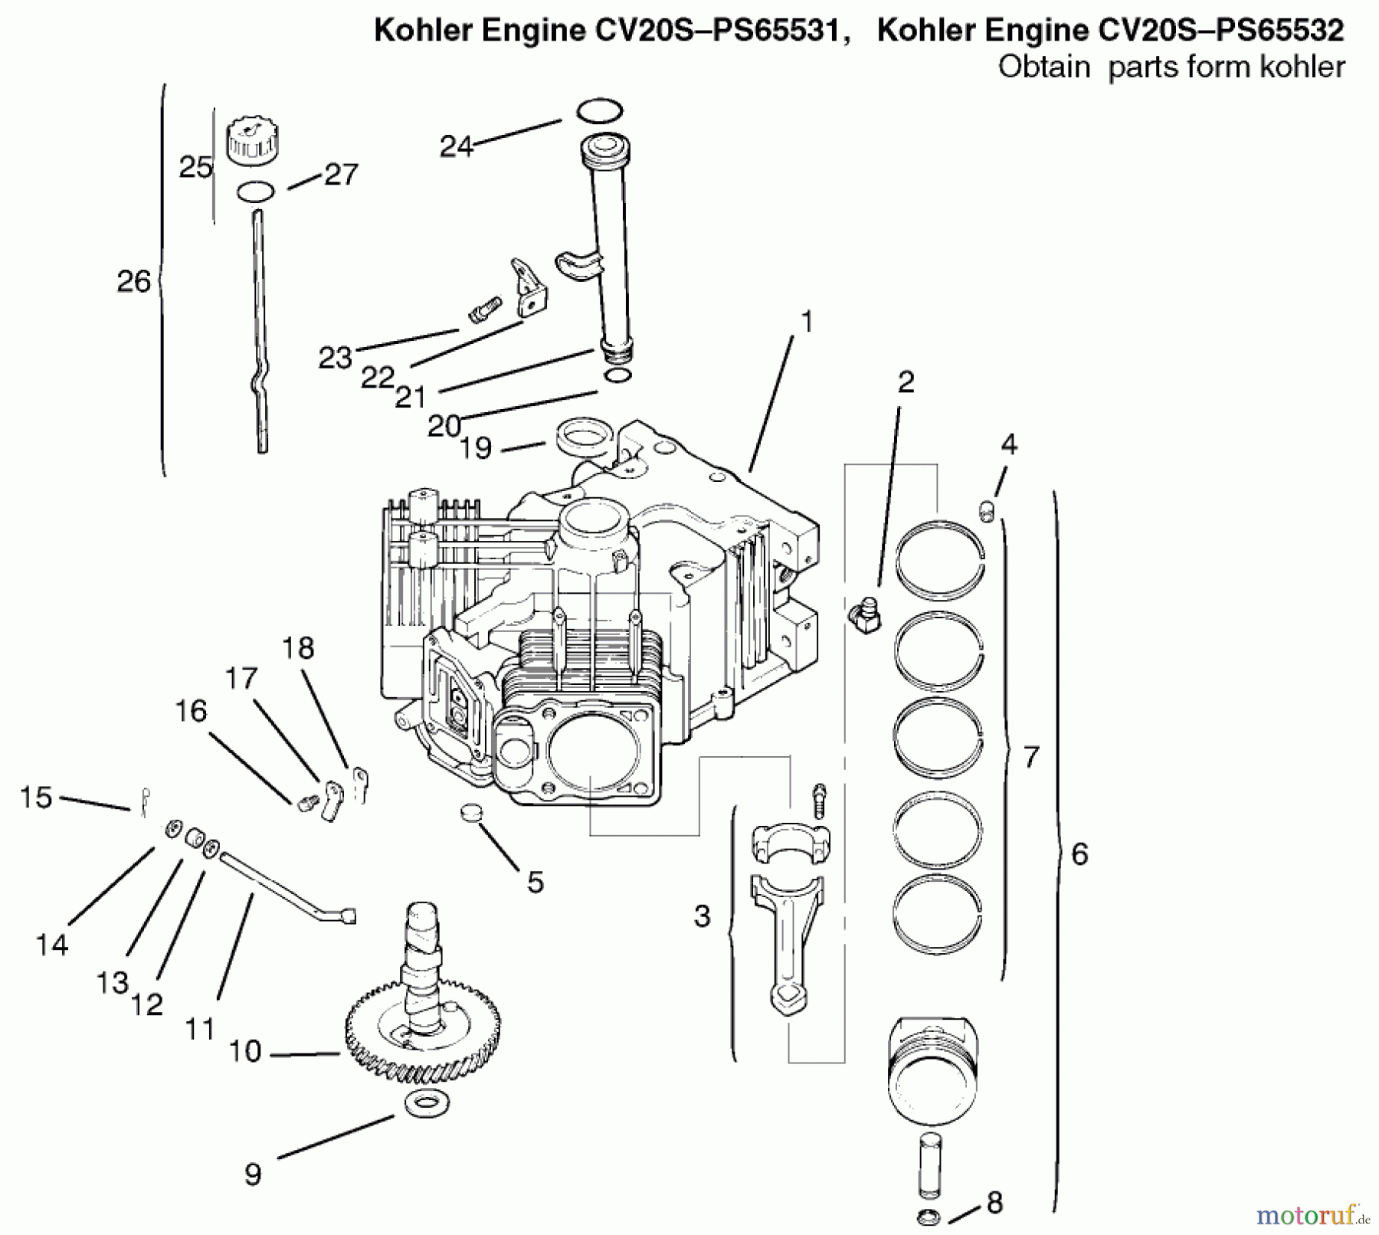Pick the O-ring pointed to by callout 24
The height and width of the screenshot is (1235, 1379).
(599, 110)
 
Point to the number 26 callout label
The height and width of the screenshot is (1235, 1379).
(133, 281)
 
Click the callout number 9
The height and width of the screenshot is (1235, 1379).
(253, 1174)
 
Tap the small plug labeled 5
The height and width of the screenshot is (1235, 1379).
(473, 812)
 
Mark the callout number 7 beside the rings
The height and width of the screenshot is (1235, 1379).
(1031, 757)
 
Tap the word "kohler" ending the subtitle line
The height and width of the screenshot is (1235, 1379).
(1294, 67)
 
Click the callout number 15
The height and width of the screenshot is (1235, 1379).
(35, 797)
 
